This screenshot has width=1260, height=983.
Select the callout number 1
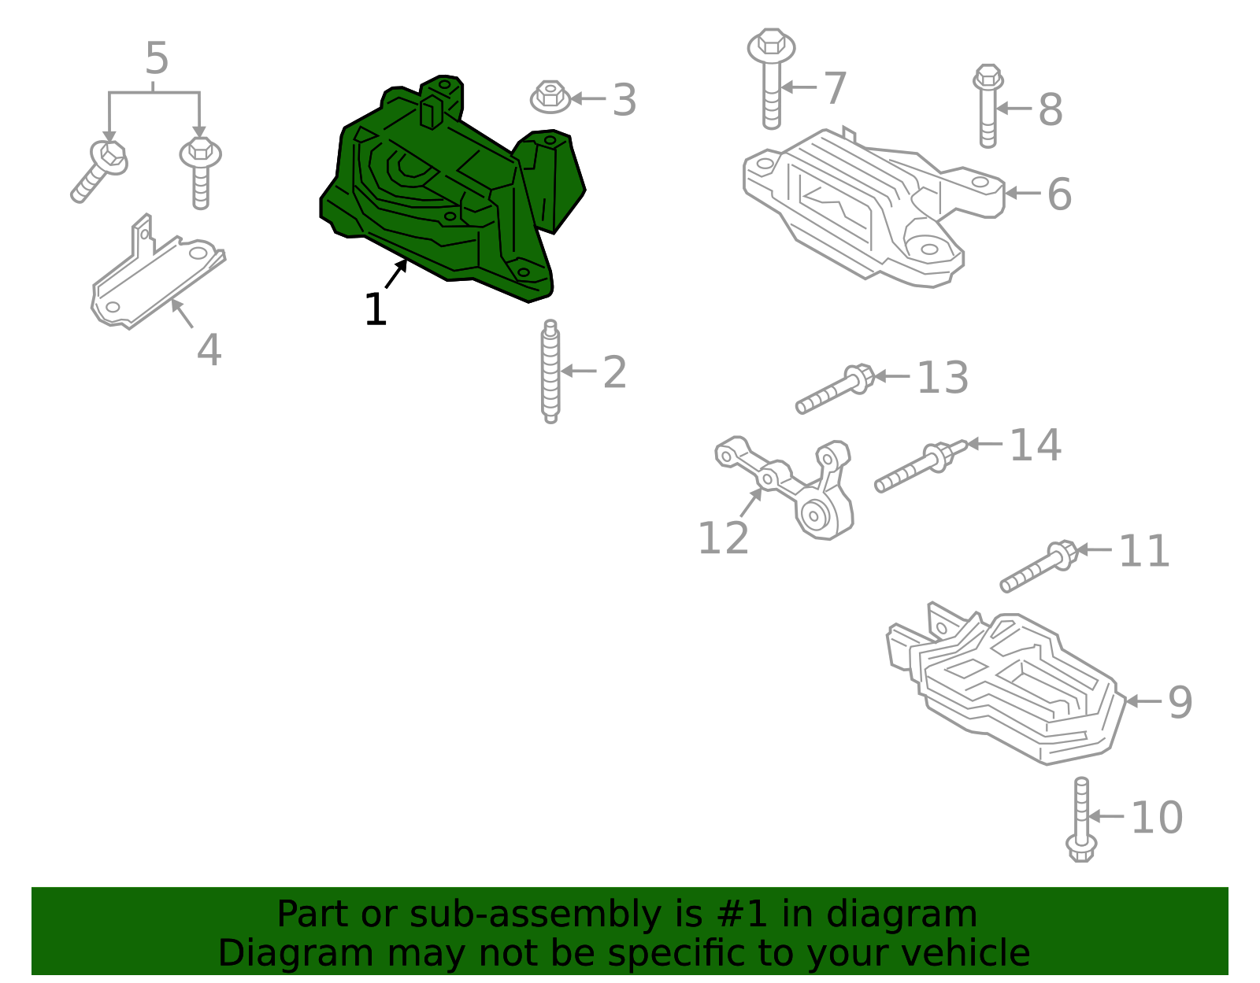coord(375,310)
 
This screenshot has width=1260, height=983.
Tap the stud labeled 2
coord(550,371)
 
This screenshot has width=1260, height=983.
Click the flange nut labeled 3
coord(550,98)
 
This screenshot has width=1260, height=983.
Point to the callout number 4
coord(209,350)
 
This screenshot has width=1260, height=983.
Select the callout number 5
coord(157,59)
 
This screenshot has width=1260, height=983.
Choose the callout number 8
coord(1051,109)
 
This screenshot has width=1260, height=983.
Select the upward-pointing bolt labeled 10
coord(1081,819)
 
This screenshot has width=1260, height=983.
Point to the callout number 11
coord(1143,551)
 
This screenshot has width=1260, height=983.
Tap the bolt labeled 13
coord(835,390)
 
